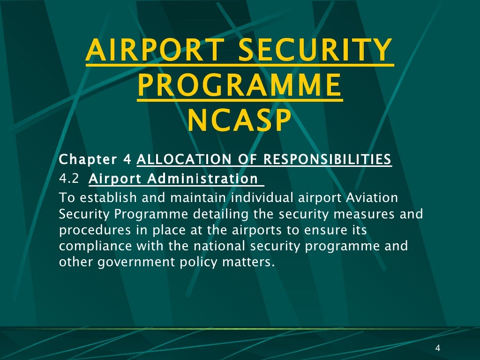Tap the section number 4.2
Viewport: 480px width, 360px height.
click(x=69, y=179)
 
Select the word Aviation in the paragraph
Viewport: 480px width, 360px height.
click(x=372, y=198)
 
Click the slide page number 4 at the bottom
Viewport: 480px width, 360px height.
click(x=437, y=348)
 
